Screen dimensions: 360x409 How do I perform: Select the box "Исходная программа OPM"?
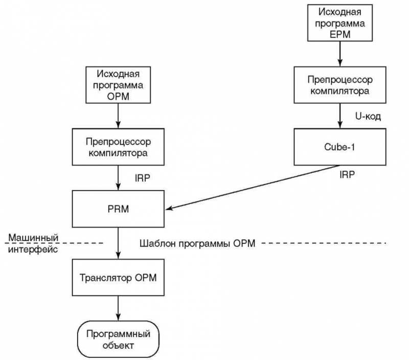pos(118,84)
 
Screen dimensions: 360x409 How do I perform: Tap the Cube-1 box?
pos(339,146)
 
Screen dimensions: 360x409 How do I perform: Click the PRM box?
pos(118,209)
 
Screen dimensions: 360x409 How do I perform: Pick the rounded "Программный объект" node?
pos(118,339)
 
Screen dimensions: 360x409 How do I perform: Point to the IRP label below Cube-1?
pos(348,174)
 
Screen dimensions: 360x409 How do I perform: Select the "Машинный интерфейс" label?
pos(32,243)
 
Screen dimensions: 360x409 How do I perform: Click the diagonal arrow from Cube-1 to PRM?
pos(253,187)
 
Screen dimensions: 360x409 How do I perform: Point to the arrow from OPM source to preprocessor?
pos(118,115)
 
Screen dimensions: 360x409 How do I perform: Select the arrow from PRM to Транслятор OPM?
pos(118,243)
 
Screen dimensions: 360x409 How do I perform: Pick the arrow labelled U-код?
pos(339,116)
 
